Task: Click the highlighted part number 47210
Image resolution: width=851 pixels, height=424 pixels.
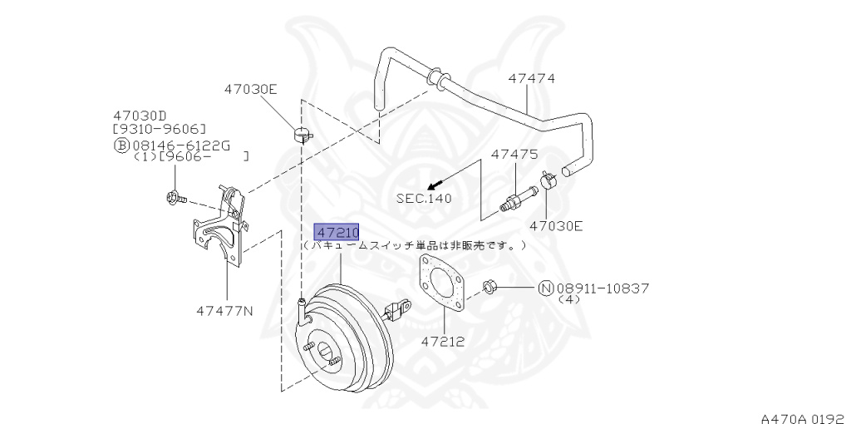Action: pyautogui.click(x=336, y=232)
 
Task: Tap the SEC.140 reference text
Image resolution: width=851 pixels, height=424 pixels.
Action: pyautogui.click(x=424, y=199)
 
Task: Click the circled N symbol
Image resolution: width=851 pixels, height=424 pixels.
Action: pyautogui.click(x=545, y=288)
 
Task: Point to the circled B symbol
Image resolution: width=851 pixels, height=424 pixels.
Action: pyautogui.click(x=121, y=145)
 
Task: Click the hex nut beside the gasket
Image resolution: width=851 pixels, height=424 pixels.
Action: pyautogui.click(x=490, y=288)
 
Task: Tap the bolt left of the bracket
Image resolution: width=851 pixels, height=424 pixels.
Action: pyautogui.click(x=175, y=198)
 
